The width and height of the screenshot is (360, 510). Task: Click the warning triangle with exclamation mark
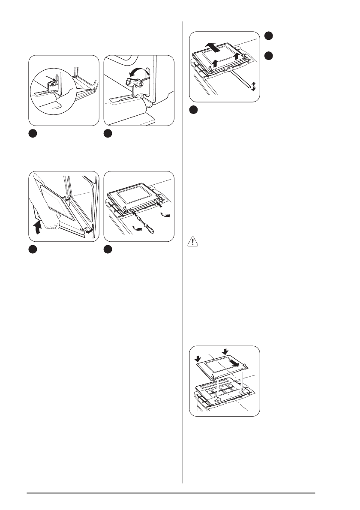[193, 242]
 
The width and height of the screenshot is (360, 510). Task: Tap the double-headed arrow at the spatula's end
[253, 86]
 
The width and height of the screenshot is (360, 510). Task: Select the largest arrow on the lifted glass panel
[216, 46]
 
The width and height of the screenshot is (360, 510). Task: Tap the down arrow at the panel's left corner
[198, 357]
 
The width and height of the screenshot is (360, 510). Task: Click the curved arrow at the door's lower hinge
[88, 231]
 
